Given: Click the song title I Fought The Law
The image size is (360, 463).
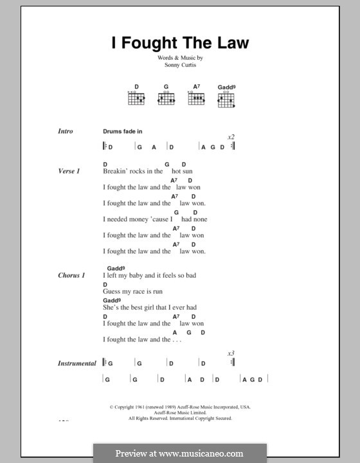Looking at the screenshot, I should (x=180, y=43).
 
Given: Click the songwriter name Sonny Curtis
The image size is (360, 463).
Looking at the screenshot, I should (x=180, y=65).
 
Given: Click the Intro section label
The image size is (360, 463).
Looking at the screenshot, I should (x=66, y=131).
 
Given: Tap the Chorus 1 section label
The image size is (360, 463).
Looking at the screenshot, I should (x=71, y=275).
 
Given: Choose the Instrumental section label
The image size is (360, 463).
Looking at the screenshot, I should (x=77, y=363).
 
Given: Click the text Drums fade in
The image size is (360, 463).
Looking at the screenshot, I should (x=122, y=131).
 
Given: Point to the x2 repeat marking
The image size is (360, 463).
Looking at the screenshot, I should (x=231, y=138).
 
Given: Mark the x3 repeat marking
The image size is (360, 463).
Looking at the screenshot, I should (x=231, y=354).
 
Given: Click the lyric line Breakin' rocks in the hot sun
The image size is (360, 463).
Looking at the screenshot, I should (x=147, y=172).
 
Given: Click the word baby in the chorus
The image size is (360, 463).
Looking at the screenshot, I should (x=141, y=275).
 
